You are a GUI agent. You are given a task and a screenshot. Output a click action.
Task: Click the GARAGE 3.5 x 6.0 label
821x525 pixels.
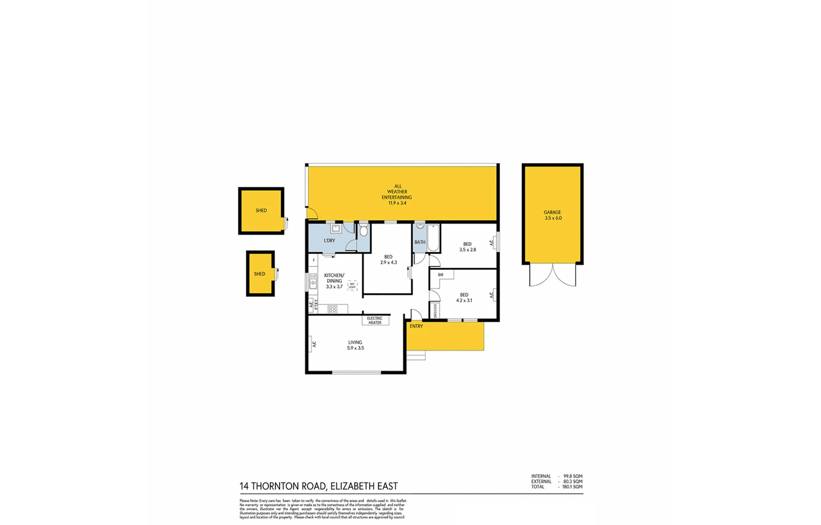pyautogui.click(x=553, y=215)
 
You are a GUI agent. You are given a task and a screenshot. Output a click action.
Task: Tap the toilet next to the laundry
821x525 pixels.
pyautogui.click(x=364, y=230)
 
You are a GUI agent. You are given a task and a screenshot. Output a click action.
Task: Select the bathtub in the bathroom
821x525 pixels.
pyautogui.click(x=433, y=238)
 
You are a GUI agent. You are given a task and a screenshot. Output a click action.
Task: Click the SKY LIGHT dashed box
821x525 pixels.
pyautogui.click(x=352, y=286)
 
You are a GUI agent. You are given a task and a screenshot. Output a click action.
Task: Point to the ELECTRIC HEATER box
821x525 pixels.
pyautogui.click(x=375, y=320)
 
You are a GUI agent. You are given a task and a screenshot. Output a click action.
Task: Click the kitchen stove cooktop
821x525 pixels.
pyautogui.click(x=333, y=309)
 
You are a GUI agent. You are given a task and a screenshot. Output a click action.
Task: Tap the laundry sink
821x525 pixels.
pyautogui.click(x=335, y=228)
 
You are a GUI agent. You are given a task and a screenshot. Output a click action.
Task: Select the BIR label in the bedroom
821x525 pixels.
pyautogui.click(x=440, y=275)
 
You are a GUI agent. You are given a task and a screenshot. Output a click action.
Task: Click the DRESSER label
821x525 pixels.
pyautogui.click(x=435, y=311)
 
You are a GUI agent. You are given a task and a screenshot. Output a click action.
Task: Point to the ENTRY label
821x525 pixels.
pyautogui.click(x=416, y=326)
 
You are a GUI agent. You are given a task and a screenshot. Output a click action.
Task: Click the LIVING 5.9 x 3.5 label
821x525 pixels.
pyautogui.click(x=355, y=345)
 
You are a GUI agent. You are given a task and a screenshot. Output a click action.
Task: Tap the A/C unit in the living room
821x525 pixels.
pyautogui.click(x=313, y=344)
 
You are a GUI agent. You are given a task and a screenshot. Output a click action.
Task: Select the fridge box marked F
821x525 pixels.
pyautogui.click(x=314, y=261)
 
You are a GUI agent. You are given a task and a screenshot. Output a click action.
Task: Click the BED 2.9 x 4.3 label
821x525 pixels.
pyautogui.click(x=388, y=260)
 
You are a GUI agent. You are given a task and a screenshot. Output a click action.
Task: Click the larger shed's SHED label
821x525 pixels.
pyautogui.click(x=261, y=210)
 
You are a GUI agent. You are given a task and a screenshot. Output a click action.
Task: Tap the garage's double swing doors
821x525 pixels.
pyautogui.click(x=553, y=275)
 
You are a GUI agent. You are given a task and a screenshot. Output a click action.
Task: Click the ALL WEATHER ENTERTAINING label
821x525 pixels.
pyautogui.click(x=397, y=194)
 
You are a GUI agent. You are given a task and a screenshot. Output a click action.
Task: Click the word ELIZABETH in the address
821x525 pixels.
pyautogui.click(x=352, y=486)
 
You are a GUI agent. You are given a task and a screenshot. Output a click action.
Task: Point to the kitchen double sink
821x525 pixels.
pyautogui.click(x=313, y=281)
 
